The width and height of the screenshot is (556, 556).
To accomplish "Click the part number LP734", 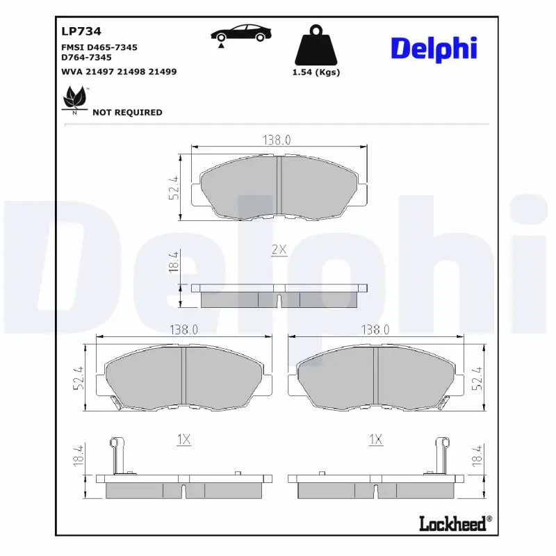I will [x=81, y=31].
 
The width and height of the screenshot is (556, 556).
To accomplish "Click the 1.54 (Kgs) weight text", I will [x=316, y=72].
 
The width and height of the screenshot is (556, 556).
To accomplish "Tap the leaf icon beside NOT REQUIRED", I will [x=75, y=98].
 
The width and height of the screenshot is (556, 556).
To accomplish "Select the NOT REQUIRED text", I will [x=127, y=112].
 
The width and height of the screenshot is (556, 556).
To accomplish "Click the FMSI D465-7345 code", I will [x=99, y=47].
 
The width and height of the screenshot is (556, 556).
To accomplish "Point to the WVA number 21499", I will [x=163, y=71].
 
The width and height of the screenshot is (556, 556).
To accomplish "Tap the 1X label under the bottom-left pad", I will [x=183, y=439].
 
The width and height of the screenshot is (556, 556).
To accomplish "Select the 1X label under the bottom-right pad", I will [x=375, y=439].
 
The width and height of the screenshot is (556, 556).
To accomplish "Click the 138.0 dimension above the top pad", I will [x=276, y=140].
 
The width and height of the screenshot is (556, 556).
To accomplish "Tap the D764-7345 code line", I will [x=87, y=58].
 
